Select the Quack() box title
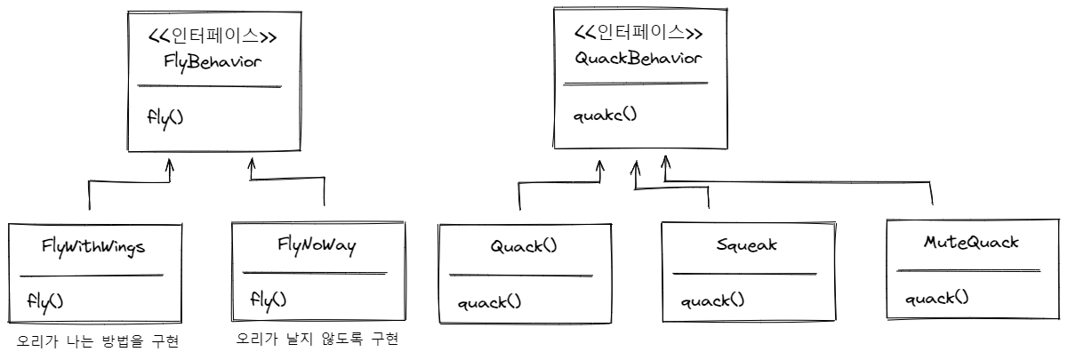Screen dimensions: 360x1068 click(x=524, y=245)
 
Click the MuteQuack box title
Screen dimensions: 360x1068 click(x=969, y=241)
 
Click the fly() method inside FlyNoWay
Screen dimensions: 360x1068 click(x=268, y=300)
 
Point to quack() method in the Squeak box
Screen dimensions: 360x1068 click(x=713, y=301)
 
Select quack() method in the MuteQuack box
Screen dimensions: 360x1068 click(x=936, y=298)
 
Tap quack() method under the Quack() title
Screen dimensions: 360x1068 click(x=489, y=302)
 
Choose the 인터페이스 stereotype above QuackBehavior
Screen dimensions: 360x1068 click(x=638, y=33)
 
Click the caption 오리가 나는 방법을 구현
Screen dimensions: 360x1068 click(x=99, y=341)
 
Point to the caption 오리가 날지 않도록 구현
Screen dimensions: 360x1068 click(x=317, y=340)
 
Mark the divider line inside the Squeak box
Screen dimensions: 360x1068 click(x=744, y=274)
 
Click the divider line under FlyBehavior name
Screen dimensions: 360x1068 click(x=209, y=86)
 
